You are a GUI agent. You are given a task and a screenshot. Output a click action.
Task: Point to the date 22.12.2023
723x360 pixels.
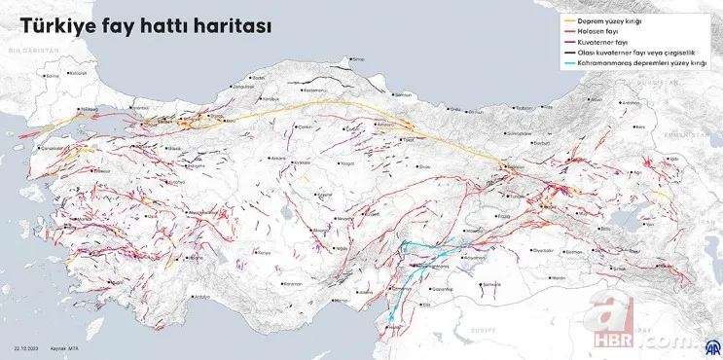point(25,347)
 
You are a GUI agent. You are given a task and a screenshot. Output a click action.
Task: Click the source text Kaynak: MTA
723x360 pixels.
point(67,347)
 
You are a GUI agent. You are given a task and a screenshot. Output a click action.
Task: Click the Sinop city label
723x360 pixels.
point(357,59)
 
